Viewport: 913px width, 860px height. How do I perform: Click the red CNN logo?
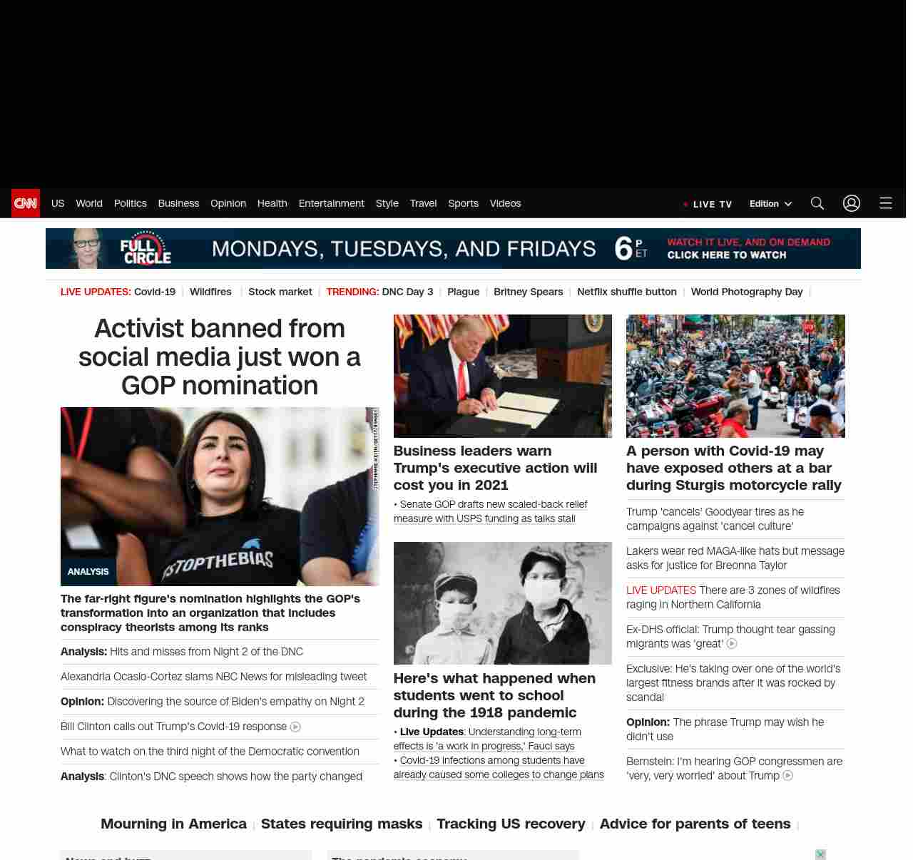coord(26,203)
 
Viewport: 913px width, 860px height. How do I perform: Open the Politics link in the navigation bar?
coord(130,203)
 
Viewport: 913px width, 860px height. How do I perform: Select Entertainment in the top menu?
coord(331,203)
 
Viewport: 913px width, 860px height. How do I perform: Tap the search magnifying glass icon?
coord(817,203)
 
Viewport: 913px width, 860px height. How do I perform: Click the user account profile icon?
coord(851,203)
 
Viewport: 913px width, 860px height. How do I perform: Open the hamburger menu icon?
coord(885,203)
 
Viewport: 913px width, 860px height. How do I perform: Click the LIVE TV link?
coord(711,204)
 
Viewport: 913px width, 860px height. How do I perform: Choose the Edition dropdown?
coord(770,203)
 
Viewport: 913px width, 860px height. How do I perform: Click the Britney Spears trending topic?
coord(528,292)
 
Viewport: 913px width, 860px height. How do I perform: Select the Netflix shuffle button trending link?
coord(626,292)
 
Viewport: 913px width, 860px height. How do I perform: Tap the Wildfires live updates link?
coord(210,292)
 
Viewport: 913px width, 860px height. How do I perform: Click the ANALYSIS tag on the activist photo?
coord(88,572)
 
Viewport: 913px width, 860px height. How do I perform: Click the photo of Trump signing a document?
coord(502,376)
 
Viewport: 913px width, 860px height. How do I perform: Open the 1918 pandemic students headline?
coord(494,695)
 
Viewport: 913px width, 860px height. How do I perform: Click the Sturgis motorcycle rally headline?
coord(733,468)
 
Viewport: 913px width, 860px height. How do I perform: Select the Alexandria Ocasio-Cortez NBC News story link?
coord(213,676)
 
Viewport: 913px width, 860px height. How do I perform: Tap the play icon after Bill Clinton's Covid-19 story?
coord(295,727)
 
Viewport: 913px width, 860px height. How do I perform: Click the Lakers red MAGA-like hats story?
coord(735,558)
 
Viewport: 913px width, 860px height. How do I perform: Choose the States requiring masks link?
coord(341,824)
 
